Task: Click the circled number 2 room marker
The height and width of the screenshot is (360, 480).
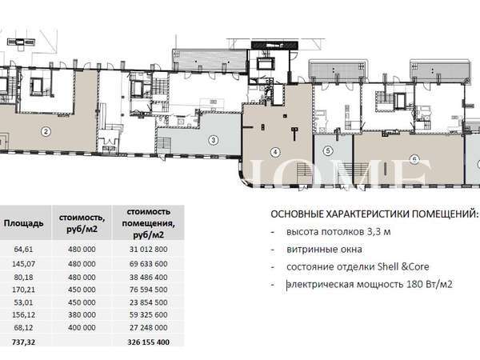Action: coord(46,132)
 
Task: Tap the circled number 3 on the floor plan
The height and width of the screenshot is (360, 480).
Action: coord(213,140)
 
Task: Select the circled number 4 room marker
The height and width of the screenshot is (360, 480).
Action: coord(275,152)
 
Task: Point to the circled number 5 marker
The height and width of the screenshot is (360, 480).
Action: coord(328,150)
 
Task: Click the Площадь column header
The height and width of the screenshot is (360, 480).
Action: coord(23,223)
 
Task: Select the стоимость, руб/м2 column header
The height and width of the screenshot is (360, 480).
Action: coord(82,223)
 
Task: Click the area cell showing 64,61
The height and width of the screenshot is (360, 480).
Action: coord(23,249)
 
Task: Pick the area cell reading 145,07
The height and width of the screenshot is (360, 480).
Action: coord(23,263)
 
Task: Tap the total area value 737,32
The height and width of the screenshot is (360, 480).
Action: coord(23,342)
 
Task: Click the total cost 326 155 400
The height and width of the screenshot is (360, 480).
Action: coord(149,342)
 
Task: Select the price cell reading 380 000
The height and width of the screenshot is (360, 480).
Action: coord(82,314)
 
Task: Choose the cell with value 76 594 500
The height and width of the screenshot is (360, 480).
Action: coord(149,290)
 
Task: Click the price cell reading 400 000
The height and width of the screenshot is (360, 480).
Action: coord(82,327)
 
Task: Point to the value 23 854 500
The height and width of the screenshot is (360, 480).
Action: coord(149,302)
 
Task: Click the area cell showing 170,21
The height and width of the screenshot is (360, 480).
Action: coord(23,290)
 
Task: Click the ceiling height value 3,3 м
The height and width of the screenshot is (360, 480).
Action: coord(378,232)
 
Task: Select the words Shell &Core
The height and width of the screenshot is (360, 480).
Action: coord(403,266)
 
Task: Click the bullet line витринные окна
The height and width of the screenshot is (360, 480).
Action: coord(324,250)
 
